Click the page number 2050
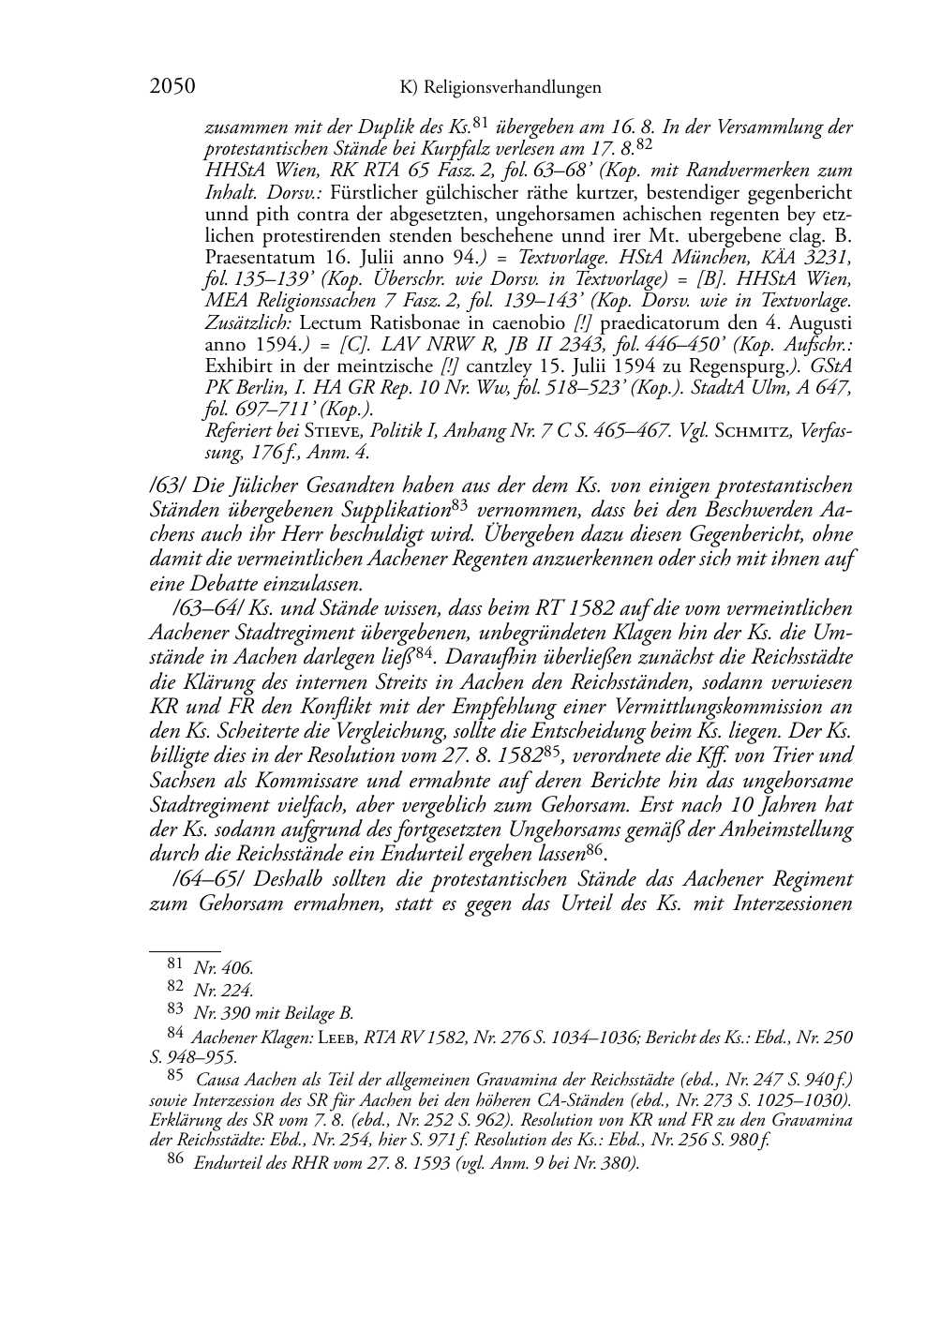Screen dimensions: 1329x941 [172, 87]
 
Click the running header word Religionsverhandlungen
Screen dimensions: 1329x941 [513, 88]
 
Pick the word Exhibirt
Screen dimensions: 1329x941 [237, 365]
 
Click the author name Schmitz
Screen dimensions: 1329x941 [745, 430]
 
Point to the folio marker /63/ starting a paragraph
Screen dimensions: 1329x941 [167, 485]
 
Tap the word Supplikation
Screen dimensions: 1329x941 [395, 510]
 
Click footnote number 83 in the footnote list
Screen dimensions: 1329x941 [175, 1010]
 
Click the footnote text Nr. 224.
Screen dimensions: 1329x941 [223, 989]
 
